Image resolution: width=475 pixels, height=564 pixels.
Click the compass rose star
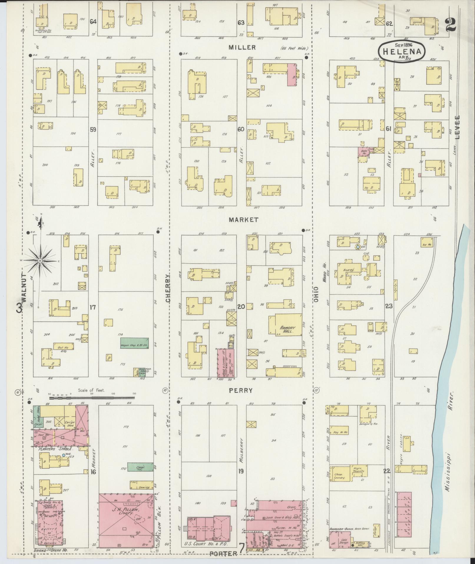pos(40,261)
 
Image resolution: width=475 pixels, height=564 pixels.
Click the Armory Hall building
pos(285,325)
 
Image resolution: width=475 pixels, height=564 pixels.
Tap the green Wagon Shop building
pos(134,343)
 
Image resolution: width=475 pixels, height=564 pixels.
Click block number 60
pos(241,129)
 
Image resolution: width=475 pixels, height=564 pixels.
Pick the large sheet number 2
pos(451,24)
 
